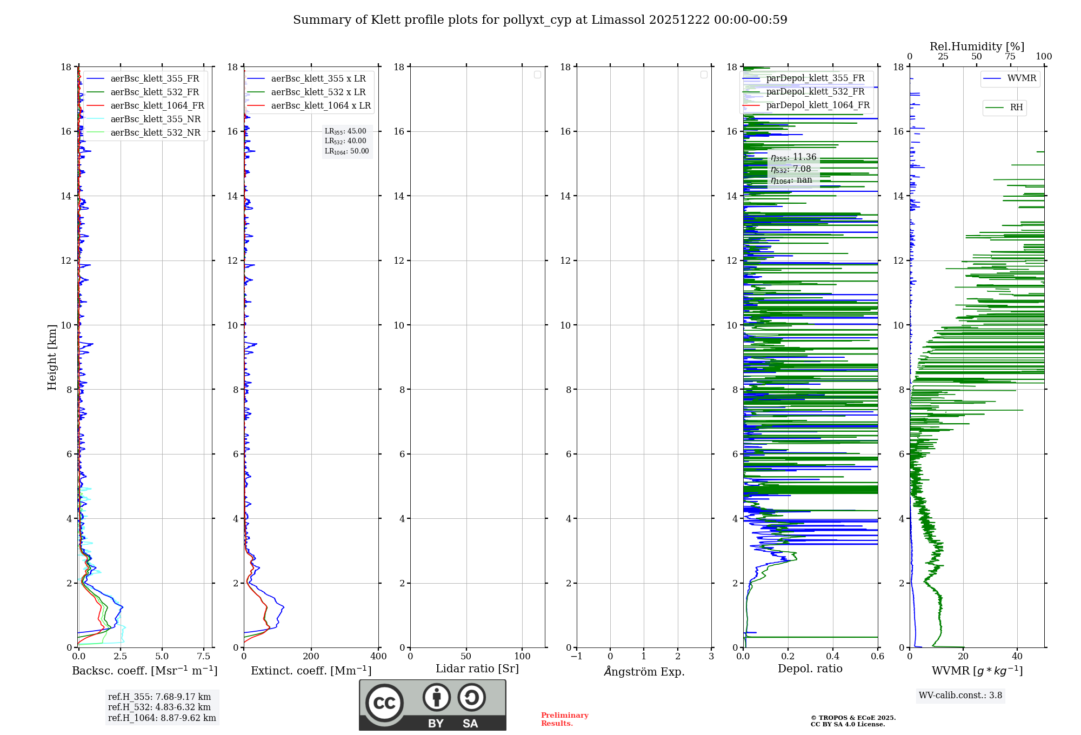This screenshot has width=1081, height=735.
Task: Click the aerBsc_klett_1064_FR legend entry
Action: [x=157, y=106]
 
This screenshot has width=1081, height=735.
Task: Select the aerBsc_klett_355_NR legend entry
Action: [x=155, y=119]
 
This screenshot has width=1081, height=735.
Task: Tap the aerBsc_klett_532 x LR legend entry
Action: [x=318, y=92]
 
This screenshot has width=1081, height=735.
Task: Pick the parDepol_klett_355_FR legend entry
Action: [x=815, y=78]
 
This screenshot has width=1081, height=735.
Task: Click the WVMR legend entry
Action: [x=1022, y=78]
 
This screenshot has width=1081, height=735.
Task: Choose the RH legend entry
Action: [x=1016, y=108]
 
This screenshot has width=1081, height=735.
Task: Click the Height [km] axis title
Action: [x=52, y=357]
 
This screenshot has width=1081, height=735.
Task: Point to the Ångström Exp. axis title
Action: [x=644, y=671]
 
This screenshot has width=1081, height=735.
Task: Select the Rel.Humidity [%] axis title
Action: [x=977, y=46]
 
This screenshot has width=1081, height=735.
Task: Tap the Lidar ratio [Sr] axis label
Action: [x=477, y=669]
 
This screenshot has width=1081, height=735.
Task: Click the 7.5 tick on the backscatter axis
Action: [x=204, y=657]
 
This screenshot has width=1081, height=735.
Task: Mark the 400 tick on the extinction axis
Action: [x=378, y=657]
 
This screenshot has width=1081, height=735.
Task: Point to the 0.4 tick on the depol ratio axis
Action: [x=833, y=657]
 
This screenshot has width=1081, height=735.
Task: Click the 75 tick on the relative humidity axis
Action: [x=1010, y=57]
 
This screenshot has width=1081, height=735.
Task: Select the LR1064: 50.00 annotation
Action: [x=346, y=151]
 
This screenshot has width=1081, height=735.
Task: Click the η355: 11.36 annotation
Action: [x=793, y=157]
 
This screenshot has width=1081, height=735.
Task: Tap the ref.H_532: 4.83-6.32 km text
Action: [x=159, y=707]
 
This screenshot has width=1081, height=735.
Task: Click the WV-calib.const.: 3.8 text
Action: [x=960, y=696]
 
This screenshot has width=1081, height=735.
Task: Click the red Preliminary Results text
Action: [x=564, y=719]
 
